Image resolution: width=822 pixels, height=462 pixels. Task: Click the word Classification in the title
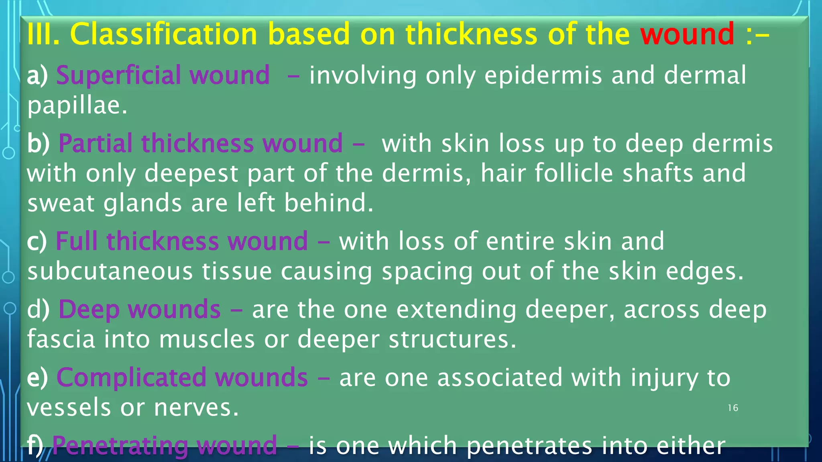pyautogui.click(x=163, y=34)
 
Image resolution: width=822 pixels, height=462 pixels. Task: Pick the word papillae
pyautogui.click(x=77, y=105)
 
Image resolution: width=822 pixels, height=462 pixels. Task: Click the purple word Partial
pyautogui.click(x=96, y=143)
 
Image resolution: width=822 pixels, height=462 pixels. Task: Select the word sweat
pyautogui.click(x=61, y=203)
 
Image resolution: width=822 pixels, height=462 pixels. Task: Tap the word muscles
pyautogui.click(x=207, y=339)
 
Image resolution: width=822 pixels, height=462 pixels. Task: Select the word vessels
pyautogui.click(x=69, y=407)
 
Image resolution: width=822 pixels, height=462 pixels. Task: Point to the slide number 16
pyautogui.click(x=733, y=408)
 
